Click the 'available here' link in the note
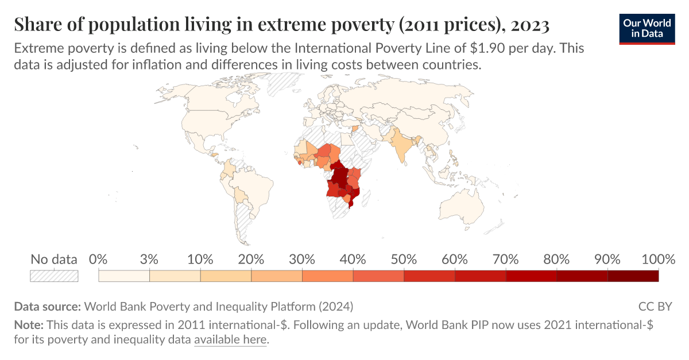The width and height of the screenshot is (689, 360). (x=230, y=340)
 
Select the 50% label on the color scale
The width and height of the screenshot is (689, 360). (x=404, y=259)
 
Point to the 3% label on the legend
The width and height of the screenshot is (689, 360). (x=149, y=259)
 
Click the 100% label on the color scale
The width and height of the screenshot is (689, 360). (x=657, y=259)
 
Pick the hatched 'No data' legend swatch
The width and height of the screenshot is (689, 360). (x=54, y=276)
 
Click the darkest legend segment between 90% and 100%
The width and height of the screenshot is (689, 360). (x=633, y=276)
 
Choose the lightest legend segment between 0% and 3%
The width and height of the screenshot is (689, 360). (x=124, y=276)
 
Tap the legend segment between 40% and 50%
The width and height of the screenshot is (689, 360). (x=378, y=276)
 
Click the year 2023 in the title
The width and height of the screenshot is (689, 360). (x=529, y=25)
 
